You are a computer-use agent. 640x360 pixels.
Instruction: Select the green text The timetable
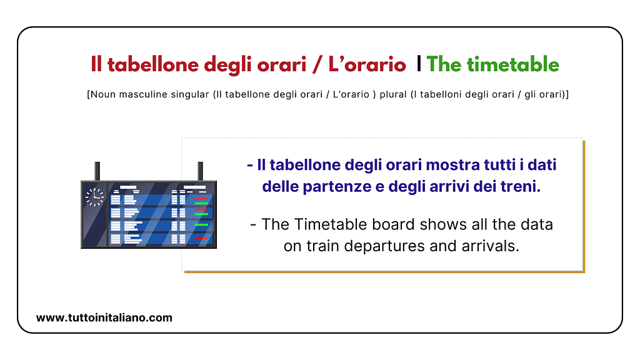coord(492,64)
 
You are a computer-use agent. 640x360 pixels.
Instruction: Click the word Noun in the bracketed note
coord(102,94)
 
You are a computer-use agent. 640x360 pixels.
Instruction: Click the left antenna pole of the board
coord(97,171)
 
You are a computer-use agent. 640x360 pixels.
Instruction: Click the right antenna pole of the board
coord(201,171)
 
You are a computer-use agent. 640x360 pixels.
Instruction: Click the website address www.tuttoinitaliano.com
coord(104,317)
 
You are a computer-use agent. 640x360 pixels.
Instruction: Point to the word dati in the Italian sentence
coord(541,165)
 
